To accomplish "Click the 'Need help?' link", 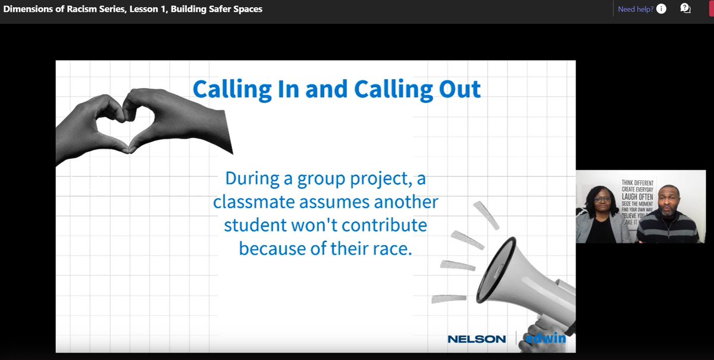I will [x=635, y=9].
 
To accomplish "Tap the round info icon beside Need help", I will [x=661, y=9].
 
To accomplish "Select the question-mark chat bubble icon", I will [x=685, y=8].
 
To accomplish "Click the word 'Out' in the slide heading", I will [x=457, y=89].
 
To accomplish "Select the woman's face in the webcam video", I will [x=596, y=198].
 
